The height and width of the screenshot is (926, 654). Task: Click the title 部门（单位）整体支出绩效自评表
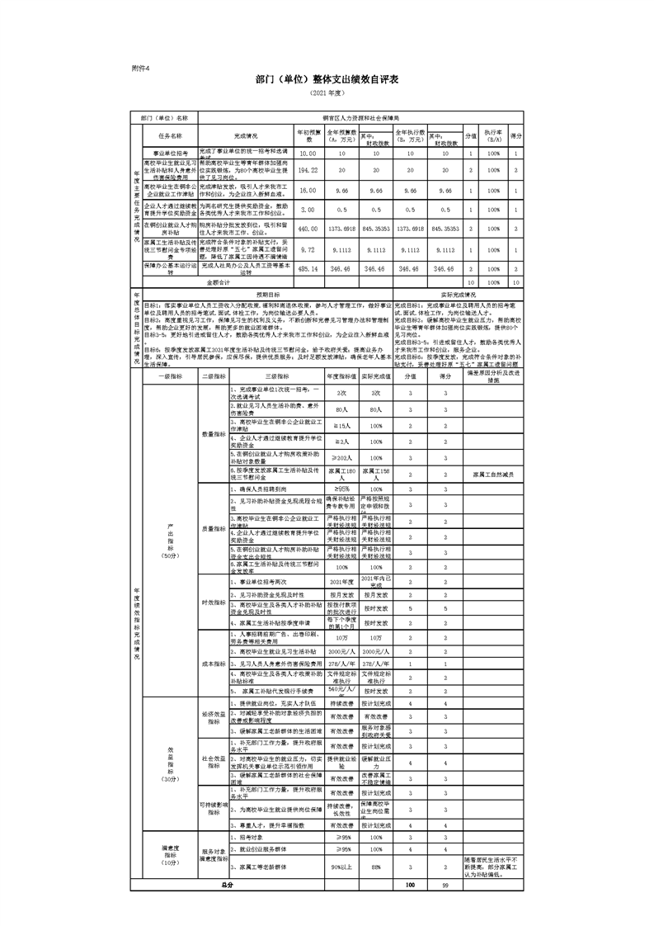click(327, 81)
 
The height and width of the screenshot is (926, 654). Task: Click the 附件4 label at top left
click(141, 68)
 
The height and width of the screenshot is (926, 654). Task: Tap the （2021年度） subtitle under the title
click(327, 95)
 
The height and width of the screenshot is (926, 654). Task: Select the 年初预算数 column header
click(308, 135)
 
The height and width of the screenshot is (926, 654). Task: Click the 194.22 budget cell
click(308, 170)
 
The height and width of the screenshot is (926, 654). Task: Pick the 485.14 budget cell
click(308, 268)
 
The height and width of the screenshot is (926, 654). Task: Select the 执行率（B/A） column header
click(493, 135)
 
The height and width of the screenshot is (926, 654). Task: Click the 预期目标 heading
click(268, 293)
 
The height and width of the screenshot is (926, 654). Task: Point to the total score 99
click(445, 885)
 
